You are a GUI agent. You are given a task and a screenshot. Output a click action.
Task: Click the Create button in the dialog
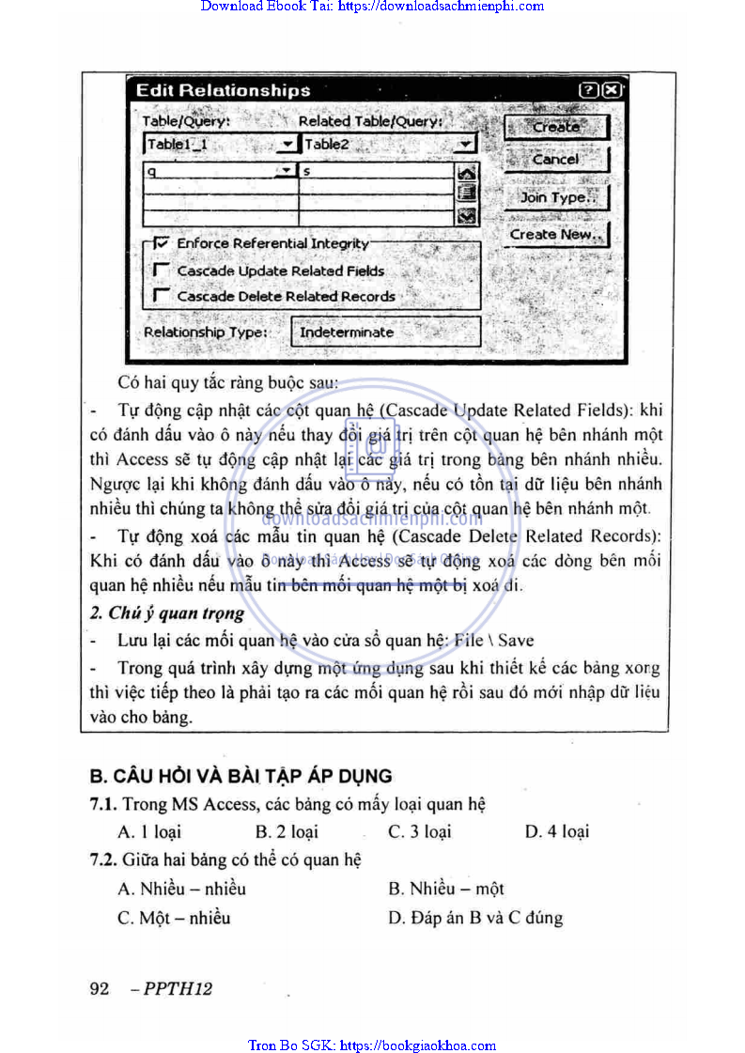[x=556, y=127]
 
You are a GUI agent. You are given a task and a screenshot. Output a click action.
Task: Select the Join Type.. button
[x=557, y=197]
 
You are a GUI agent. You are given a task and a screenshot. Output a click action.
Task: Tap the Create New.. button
[x=557, y=235]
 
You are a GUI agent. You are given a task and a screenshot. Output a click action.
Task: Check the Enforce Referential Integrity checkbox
[x=161, y=242]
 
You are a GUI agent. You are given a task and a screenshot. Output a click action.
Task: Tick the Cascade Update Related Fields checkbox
[x=161, y=271]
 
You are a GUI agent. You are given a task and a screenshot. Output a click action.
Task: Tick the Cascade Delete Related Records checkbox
[x=161, y=296]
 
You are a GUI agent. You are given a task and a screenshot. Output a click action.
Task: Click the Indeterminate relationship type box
[x=386, y=332]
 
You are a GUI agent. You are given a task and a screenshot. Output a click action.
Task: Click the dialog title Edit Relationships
[x=223, y=90]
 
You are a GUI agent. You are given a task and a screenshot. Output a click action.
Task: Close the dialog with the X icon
[x=611, y=90]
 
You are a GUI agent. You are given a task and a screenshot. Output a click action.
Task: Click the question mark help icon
[x=589, y=90]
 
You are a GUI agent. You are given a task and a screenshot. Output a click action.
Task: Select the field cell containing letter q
[x=210, y=172]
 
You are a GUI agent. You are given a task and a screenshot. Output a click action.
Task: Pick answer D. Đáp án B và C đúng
[x=475, y=918]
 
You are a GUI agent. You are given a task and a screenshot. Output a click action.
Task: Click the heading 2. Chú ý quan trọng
[x=167, y=613]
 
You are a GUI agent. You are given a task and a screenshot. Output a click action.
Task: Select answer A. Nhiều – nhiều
[x=181, y=889]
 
